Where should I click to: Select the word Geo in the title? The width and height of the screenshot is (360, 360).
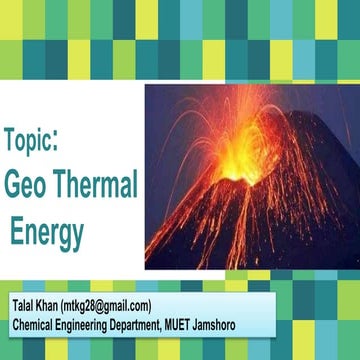[26, 185]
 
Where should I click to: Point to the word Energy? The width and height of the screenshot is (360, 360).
[47, 231]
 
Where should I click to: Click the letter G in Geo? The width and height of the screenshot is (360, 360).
[13, 185]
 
